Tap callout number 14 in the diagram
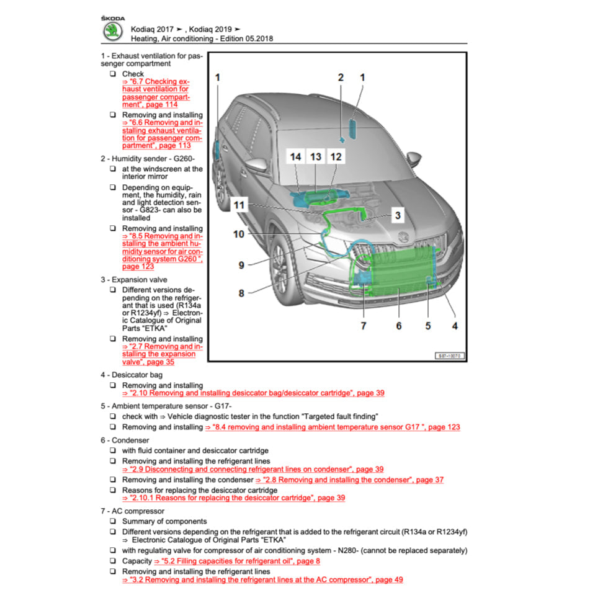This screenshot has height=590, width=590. [296, 157]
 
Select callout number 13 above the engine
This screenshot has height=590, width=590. [316, 157]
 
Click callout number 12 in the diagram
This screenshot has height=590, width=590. [336, 157]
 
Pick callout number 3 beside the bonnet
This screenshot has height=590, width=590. [398, 216]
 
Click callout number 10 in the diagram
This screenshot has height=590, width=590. [239, 234]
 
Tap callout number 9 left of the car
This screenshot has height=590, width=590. [241, 265]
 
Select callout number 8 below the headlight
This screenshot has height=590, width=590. [241, 293]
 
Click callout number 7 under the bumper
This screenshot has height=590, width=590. [364, 325]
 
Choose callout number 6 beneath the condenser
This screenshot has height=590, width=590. [398, 325]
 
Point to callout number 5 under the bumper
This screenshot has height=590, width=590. [427, 325]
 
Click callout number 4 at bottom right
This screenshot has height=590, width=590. [455, 325]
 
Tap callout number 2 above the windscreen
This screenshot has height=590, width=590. [341, 78]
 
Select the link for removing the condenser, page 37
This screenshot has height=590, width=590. [350, 480]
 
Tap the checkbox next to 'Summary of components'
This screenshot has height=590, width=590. [113, 521]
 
